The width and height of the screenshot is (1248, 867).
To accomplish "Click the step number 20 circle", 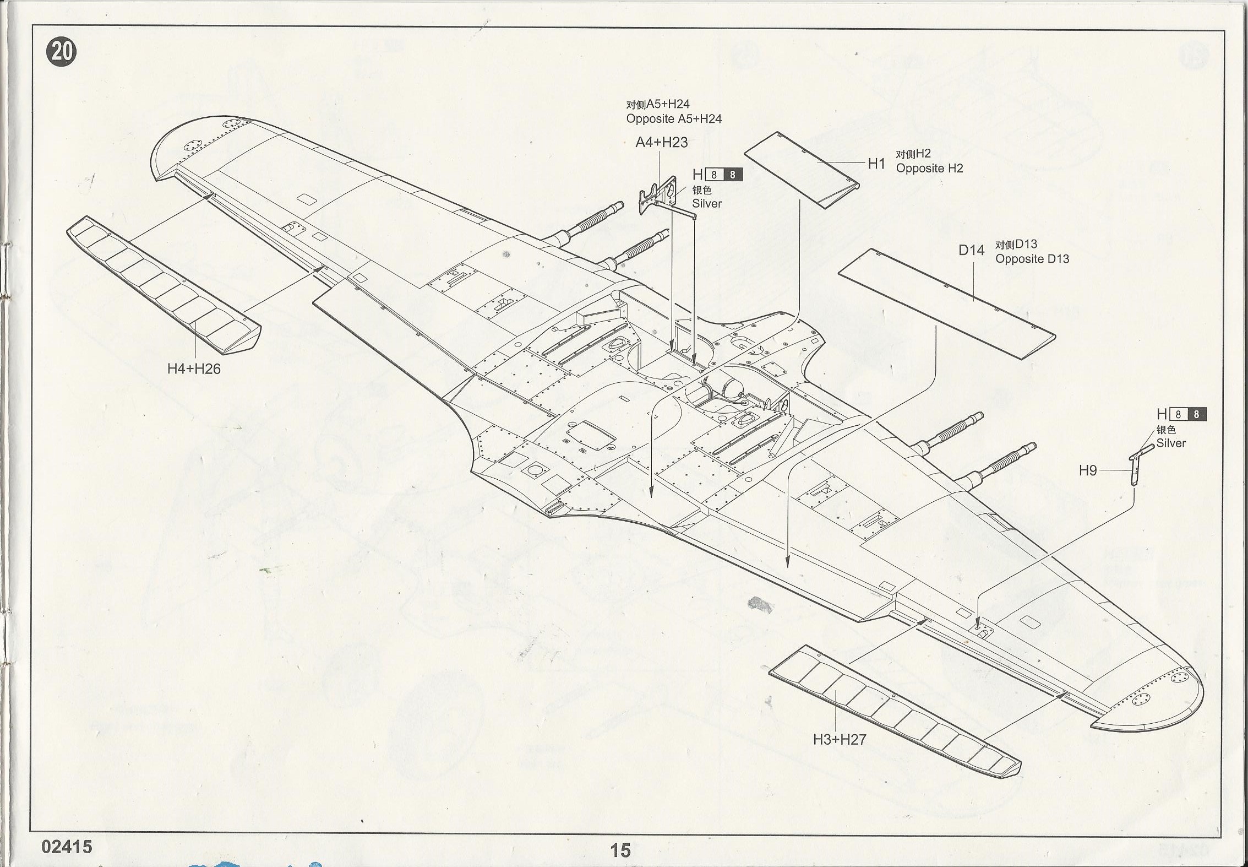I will [62, 52].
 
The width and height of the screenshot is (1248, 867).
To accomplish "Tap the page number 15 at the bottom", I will [620, 850].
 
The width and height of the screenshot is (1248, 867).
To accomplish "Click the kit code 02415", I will [67, 847].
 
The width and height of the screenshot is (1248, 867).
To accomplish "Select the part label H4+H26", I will [194, 369].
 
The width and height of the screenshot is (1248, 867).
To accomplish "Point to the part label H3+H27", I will [840, 739].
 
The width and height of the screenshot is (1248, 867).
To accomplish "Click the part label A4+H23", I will [661, 143].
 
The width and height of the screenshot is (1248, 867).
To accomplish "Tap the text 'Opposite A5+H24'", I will [674, 119].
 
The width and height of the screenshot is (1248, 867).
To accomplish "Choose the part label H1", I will [876, 164].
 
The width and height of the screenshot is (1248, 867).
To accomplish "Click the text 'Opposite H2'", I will [929, 169].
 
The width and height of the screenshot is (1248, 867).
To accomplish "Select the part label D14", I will [971, 251].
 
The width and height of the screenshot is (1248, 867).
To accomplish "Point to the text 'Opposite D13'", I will [1032, 259].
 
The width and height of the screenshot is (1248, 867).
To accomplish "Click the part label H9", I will [1087, 470].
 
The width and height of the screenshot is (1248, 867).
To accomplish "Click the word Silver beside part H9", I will [1171, 443].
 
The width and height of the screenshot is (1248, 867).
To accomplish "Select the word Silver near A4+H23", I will [707, 204].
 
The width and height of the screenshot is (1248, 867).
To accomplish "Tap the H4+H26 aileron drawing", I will [164, 284].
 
